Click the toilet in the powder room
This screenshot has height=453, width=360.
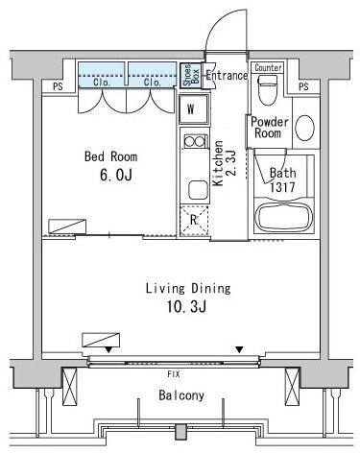tap(267, 90)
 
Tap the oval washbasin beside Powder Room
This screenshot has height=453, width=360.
tap(304, 128)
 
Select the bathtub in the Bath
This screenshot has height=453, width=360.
tap(284, 218)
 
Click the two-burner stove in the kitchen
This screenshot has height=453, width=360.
tap(195, 141)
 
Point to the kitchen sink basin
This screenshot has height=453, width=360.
tap(198, 190)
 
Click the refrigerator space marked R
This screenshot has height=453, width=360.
tap(194, 221)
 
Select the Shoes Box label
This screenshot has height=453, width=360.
tap(191, 75)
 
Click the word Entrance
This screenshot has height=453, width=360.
tap(227, 76)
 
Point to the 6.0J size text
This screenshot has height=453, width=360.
tap(115, 175)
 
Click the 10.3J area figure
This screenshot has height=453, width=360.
tap(186, 307)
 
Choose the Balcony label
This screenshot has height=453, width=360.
tap(181, 395)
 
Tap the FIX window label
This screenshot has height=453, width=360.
tap(174, 373)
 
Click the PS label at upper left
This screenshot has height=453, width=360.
tap(58, 86)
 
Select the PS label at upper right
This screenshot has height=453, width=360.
tap(303, 86)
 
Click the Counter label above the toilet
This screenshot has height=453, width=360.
tap(268, 68)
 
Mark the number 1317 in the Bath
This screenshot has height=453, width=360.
tap(281, 187)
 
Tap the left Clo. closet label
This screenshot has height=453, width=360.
tap(102, 83)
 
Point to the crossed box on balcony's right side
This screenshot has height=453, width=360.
tap(292, 386)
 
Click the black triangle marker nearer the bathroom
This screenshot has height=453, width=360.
tap(239, 349)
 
